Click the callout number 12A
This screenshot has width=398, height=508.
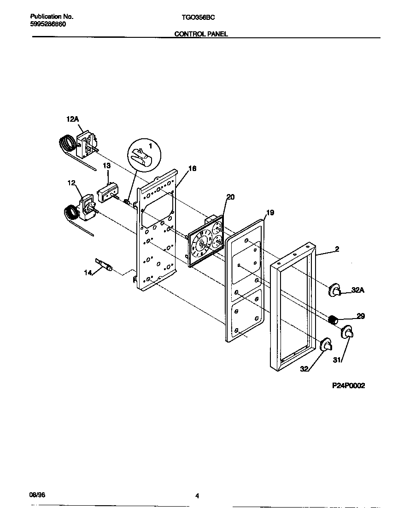coord(73,119)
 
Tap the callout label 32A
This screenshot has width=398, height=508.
coord(358,290)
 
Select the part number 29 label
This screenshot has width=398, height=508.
coord(361,316)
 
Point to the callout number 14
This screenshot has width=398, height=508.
coord(88,273)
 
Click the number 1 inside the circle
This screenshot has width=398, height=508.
coord(149,145)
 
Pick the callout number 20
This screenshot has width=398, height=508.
coord(230,197)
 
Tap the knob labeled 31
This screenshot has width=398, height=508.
coord(347,332)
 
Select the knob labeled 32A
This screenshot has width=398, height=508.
coord(335,290)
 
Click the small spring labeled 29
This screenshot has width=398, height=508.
coord(333,318)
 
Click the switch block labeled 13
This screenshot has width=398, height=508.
coord(108,191)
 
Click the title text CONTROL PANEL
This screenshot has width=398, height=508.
coord(201,34)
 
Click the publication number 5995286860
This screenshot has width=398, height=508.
coord(48,24)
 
